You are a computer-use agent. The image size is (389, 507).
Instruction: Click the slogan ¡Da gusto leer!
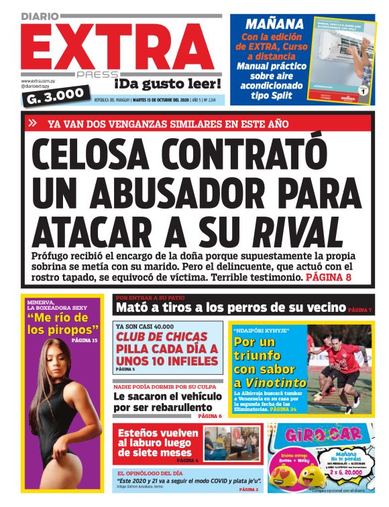click(x=167, y=84)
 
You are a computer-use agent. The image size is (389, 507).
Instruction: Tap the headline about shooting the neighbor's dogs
click(x=231, y=308)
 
